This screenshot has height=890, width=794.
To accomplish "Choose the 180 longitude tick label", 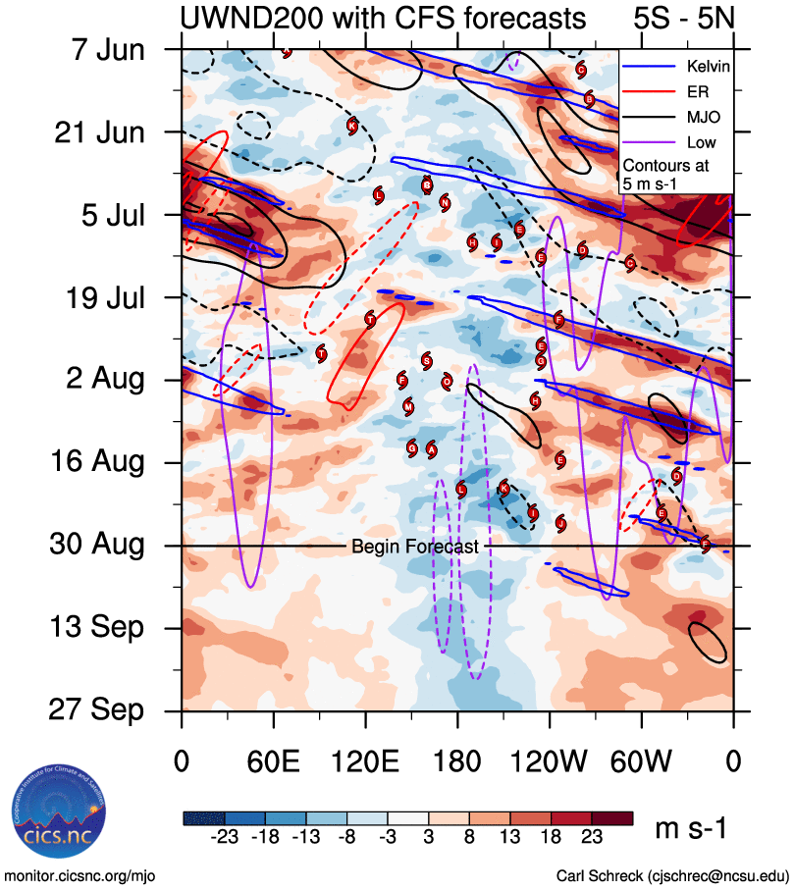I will [x=457, y=761].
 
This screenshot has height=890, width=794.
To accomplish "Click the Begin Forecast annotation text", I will [x=414, y=547].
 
